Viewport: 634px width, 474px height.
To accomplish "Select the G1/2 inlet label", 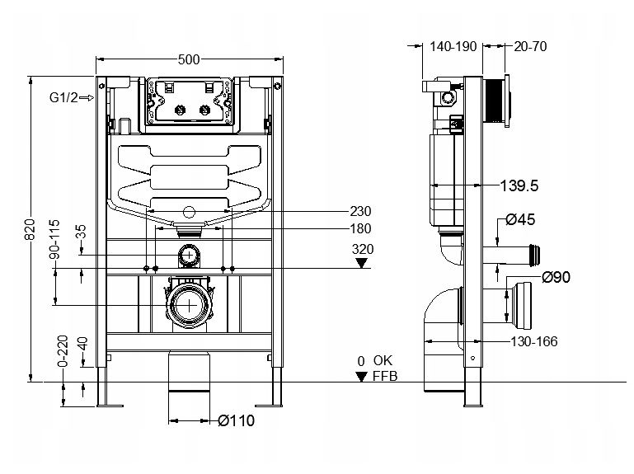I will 63,98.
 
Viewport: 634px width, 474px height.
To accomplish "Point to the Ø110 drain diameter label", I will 237,421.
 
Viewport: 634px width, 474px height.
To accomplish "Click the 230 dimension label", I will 361,211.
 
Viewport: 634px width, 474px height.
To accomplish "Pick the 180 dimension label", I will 361,228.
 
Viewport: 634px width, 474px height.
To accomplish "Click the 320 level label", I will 362,247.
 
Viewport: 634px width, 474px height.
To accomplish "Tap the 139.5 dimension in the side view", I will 519,186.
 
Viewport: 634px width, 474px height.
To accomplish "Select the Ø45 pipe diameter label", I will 522,219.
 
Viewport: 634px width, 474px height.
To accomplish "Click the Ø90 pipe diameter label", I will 557,277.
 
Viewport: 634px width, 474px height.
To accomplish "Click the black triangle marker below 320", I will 361,263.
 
